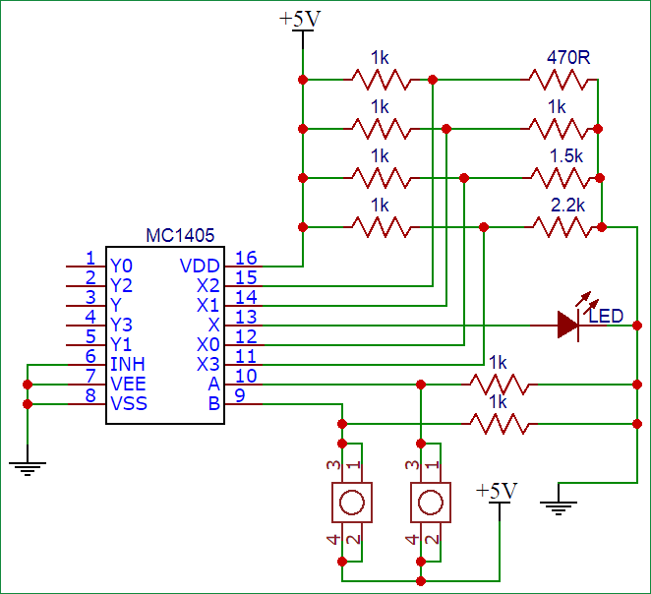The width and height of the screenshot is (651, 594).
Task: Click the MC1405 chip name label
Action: (180, 236)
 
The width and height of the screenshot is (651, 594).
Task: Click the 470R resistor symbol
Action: (559, 79)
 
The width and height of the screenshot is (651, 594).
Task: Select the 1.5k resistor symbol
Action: (559, 177)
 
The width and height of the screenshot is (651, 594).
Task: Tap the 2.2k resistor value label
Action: (568, 206)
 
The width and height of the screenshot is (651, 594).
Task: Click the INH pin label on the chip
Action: (128, 364)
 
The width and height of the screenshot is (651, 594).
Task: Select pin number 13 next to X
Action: (246, 317)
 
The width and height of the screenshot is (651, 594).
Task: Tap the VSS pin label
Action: (129, 403)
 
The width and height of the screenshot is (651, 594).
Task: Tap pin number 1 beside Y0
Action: (89, 258)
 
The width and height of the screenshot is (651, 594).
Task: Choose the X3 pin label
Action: (208, 364)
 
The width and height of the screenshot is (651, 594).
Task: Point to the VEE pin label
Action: (129, 384)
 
